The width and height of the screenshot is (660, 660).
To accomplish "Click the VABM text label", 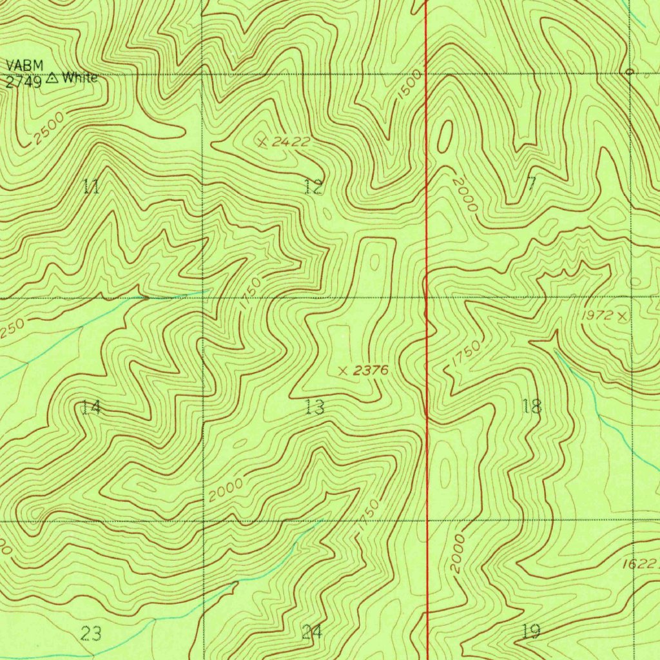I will (21, 65).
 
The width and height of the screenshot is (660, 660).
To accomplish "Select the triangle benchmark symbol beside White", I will (52, 79).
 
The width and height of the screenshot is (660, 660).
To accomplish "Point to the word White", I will (80, 79).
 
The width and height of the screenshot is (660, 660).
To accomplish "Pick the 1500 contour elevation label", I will (410, 84).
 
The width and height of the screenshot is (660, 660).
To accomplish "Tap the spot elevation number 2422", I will (291, 142).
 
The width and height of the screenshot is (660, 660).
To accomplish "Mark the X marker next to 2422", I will (262, 142).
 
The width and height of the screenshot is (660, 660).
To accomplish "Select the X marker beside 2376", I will (343, 371).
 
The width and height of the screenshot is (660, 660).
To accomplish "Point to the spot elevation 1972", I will (596, 316).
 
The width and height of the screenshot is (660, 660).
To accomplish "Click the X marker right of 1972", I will (621, 316).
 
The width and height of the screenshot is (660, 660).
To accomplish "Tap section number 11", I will (92, 188).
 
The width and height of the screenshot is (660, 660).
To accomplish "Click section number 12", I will (313, 188).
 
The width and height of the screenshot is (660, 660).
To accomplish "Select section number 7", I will (531, 184).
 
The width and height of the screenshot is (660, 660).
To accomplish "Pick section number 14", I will (92, 407).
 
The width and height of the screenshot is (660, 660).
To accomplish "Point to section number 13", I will (315, 407).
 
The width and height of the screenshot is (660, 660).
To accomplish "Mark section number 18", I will (532, 406).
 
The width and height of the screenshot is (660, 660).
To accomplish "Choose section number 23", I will (92, 634).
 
